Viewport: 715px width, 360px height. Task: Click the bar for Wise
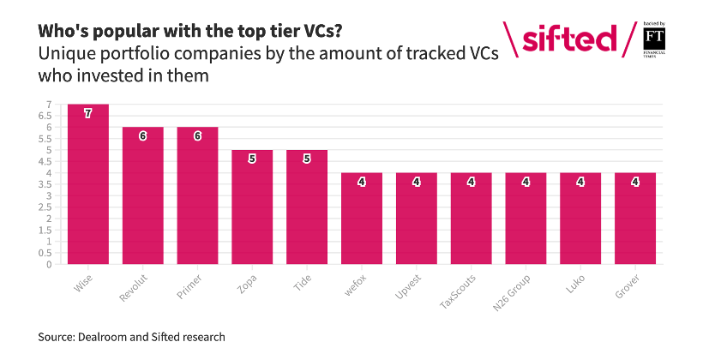tap(88, 184)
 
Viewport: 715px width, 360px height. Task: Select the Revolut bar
tap(142, 195)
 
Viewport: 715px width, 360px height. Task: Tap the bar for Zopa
tap(252, 207)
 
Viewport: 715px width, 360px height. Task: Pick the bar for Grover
tap(635, 219)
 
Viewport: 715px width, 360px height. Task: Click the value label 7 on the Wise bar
tap(88, 113)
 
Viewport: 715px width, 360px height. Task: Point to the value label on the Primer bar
tap(197, 135)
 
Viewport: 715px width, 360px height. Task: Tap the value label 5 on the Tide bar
tap(307, 159)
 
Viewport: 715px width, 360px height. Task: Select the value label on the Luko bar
tap(580, 182)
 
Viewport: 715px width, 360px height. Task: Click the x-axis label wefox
tap(356, 285)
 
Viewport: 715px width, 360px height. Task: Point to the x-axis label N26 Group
tap(512, 293)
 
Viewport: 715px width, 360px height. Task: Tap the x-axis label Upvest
tap(409, 287)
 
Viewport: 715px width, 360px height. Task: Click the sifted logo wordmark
tap(569, 39)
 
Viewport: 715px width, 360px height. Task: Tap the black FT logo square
tap(654, 39)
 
